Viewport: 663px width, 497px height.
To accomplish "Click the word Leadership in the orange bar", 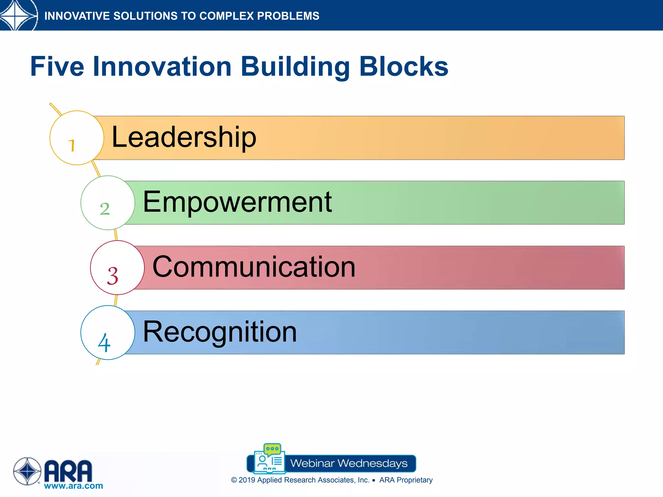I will pos(184,138).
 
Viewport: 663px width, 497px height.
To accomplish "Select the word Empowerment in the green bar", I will pos(237,202).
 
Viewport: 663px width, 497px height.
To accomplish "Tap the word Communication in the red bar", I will pos(254,267).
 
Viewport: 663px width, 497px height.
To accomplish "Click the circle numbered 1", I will pos(77,138).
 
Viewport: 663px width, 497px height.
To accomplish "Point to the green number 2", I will pos(105,209).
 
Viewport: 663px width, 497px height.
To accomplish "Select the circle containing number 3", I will pos(117,268).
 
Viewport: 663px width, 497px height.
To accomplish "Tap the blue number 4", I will pos(104,343).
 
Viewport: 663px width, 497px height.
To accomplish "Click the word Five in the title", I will pos(57,67).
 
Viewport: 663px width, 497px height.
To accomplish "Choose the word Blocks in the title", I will pos(404,67).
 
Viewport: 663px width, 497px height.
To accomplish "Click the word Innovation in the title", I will pos(162,67).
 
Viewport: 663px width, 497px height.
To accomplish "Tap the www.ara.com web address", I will pos(73,486).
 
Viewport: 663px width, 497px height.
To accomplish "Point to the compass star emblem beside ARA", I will pos(27,471).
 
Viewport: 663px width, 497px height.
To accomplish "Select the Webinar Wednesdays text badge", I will pos(349,463).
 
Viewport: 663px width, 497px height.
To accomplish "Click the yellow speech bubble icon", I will pos(272,449).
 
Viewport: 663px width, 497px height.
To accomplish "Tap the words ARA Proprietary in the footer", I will pos(406,480).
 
